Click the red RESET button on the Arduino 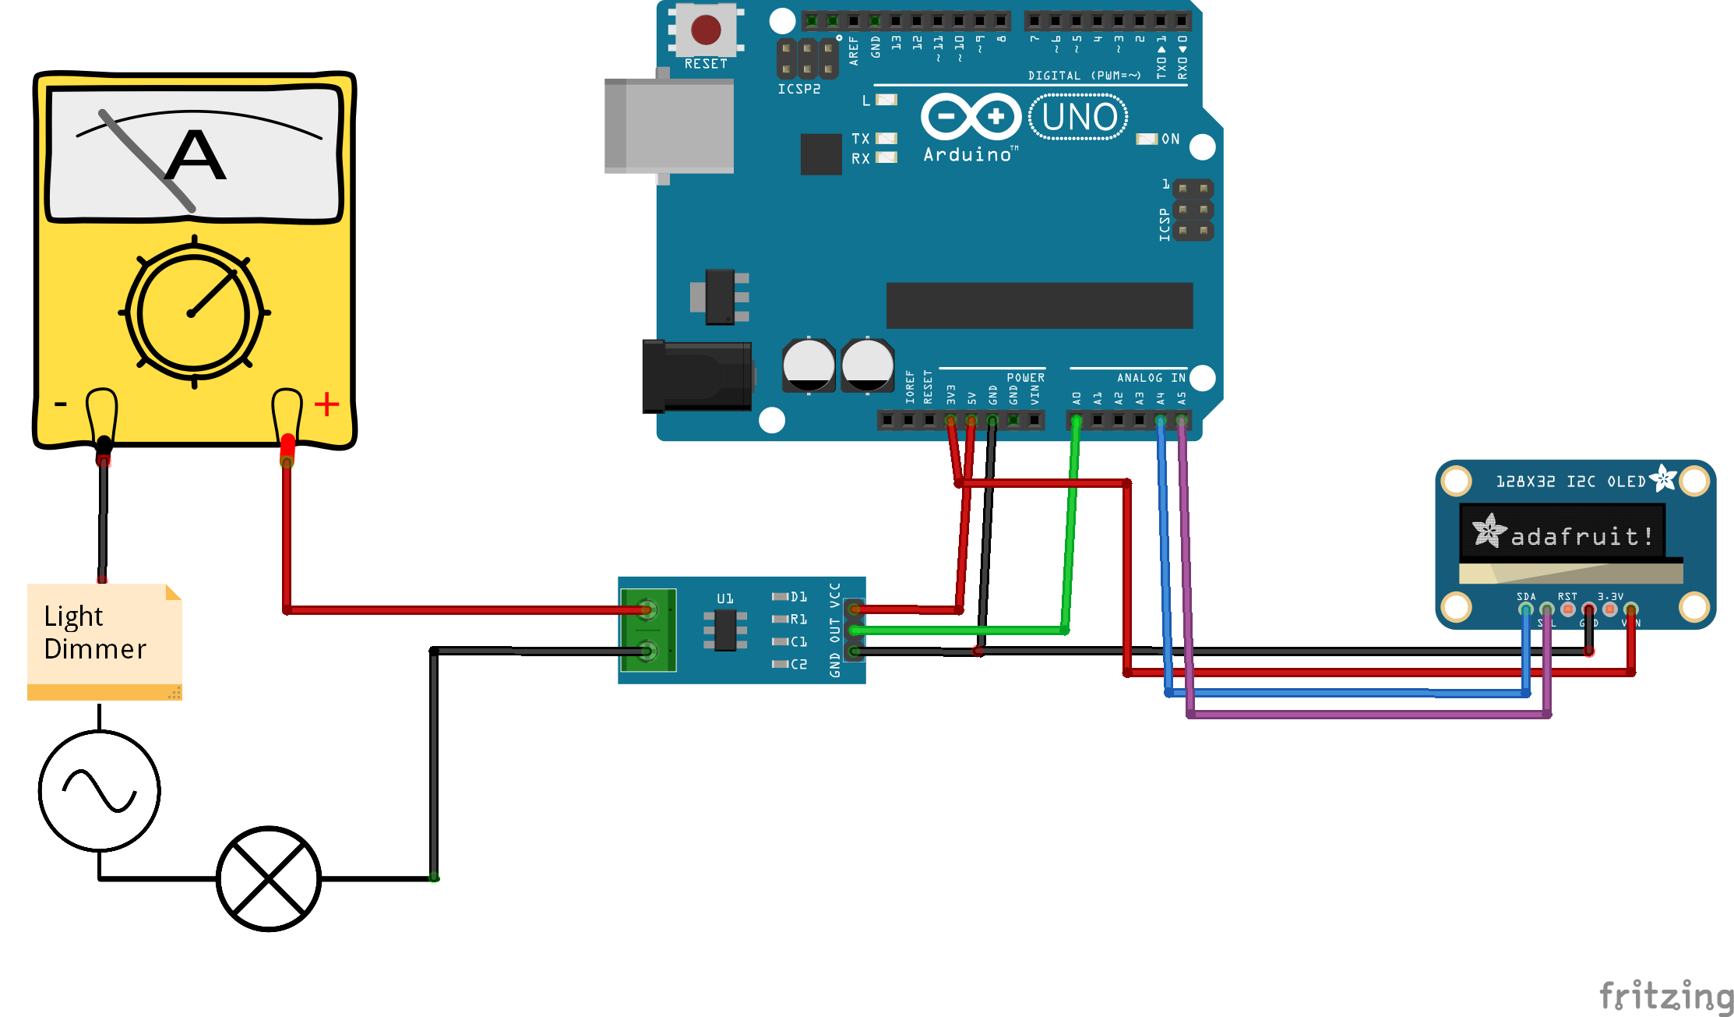706,30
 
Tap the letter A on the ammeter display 196,156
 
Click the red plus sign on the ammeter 326,404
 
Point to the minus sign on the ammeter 61,404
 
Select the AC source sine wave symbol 100,790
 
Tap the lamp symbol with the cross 268,878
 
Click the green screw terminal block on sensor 648,630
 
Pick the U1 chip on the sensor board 725,630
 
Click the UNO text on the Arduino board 1079,117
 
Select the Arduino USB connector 668,125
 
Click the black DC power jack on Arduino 696,376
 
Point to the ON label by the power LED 1170,139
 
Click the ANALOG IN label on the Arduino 1151,378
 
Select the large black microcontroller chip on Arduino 1039,305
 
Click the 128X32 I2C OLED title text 1570,482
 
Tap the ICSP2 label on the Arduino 798,89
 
